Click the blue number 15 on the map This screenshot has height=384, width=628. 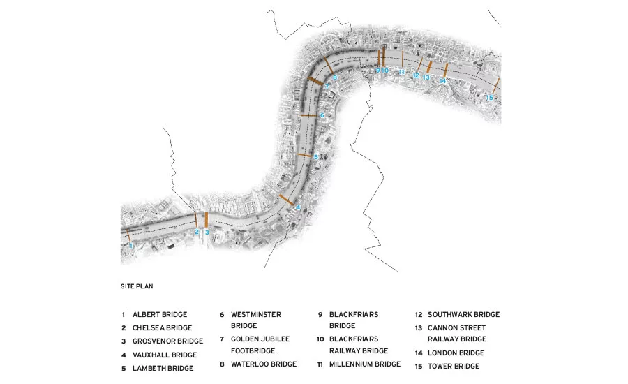click(x=489, y=98)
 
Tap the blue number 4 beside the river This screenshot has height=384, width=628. click(x=298, y=207)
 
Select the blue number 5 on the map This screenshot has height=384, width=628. click(x=315, y=157)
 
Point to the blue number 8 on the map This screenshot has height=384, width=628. click(x=335, y=77)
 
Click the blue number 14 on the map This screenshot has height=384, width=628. click(x=442, y=81)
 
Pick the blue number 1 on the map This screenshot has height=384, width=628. click(x=130, y=245)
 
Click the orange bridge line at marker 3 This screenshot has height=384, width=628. click(x=207, y=220)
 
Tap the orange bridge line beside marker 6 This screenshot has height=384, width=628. click(x=308, y=115)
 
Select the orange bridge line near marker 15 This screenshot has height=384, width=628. click(x=497, y=85)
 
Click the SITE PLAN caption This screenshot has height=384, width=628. click(x=137, y=286)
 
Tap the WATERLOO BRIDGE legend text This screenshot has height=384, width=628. click(x=264, y=364)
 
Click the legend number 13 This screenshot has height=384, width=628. click(x=419, y=328)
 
